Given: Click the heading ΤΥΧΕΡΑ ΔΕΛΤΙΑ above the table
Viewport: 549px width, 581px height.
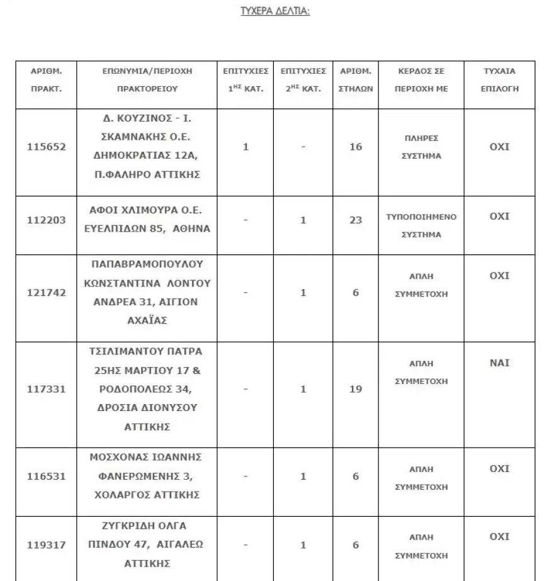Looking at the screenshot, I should point(276,11).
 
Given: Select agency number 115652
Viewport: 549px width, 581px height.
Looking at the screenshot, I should point(46,147).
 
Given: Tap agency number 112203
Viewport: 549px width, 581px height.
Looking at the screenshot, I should point(46,221).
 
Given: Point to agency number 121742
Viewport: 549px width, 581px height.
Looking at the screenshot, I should point(46,293).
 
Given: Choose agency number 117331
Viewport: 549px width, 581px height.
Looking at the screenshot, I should point(46,389).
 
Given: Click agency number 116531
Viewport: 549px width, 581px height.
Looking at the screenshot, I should point(46,477).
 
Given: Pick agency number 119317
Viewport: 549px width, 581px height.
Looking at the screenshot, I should point(46,544).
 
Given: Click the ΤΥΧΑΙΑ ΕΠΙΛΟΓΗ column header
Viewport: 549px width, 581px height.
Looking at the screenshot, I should point(499,80).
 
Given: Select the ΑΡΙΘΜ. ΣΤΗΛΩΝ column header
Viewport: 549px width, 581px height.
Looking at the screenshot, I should point(356,80).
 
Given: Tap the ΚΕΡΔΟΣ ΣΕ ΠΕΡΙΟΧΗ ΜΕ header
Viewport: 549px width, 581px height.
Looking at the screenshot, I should point(421,80).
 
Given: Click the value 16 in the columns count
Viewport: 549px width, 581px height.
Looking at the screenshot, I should point(356,147).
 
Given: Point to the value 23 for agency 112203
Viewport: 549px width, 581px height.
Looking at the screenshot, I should point(356,221).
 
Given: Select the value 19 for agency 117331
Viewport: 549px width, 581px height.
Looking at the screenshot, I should point(356,389).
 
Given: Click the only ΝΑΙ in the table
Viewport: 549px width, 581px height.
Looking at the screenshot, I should point(499,363).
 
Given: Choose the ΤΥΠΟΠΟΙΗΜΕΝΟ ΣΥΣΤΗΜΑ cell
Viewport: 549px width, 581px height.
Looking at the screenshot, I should point(421,225).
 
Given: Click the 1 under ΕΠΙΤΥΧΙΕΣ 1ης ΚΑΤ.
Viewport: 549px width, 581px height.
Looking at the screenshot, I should point(246,147).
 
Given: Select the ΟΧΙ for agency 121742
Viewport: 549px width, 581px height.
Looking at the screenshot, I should point(499,276).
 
